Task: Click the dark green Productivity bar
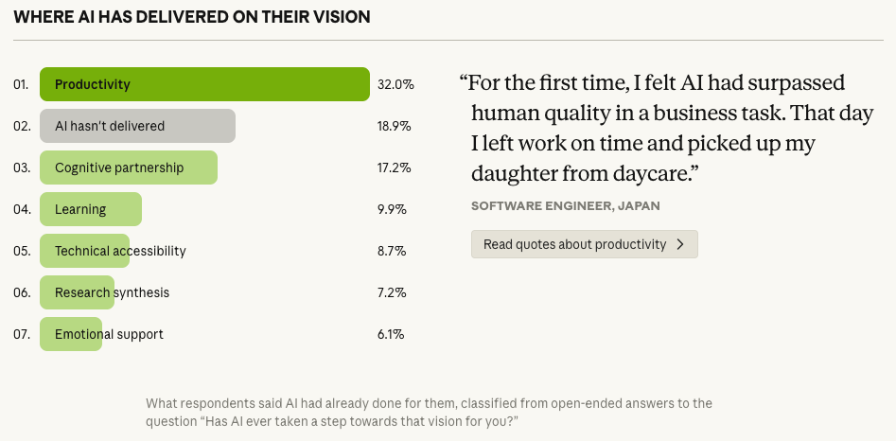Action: pyautogui.click(x=203, y=84)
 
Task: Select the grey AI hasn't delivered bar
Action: pyautogui.click(x=137, y=126)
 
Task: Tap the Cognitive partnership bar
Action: pyautogui.click(x=129, y=168)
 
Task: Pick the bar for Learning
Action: pyautogui.click(x=91, y=209)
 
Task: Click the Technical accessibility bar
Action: pyautogui.click(x=84, y=251)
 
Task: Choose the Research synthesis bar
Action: pyautogui.click(x=77, y=292)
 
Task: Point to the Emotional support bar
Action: pyautogui.click(x=71, y=334)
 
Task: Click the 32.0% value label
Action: pyautogui.click(x=395, y=84)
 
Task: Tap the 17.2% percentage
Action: pyautogui.click(x=394, y=168)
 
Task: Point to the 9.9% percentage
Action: pyautogui.click(x=392, y=209)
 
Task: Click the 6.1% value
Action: pyautogui.click(x=391, y=334)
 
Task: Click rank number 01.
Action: pyautogui.click(x=21, y=84)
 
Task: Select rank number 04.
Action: pyautogui.click(x=21, y=209)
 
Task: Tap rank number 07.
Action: pyautogui.click(x=21, y=334)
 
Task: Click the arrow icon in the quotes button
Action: pyautogui.click(x=680, y=244)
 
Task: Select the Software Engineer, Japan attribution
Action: pyautogui.click(x=565, y=205)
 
